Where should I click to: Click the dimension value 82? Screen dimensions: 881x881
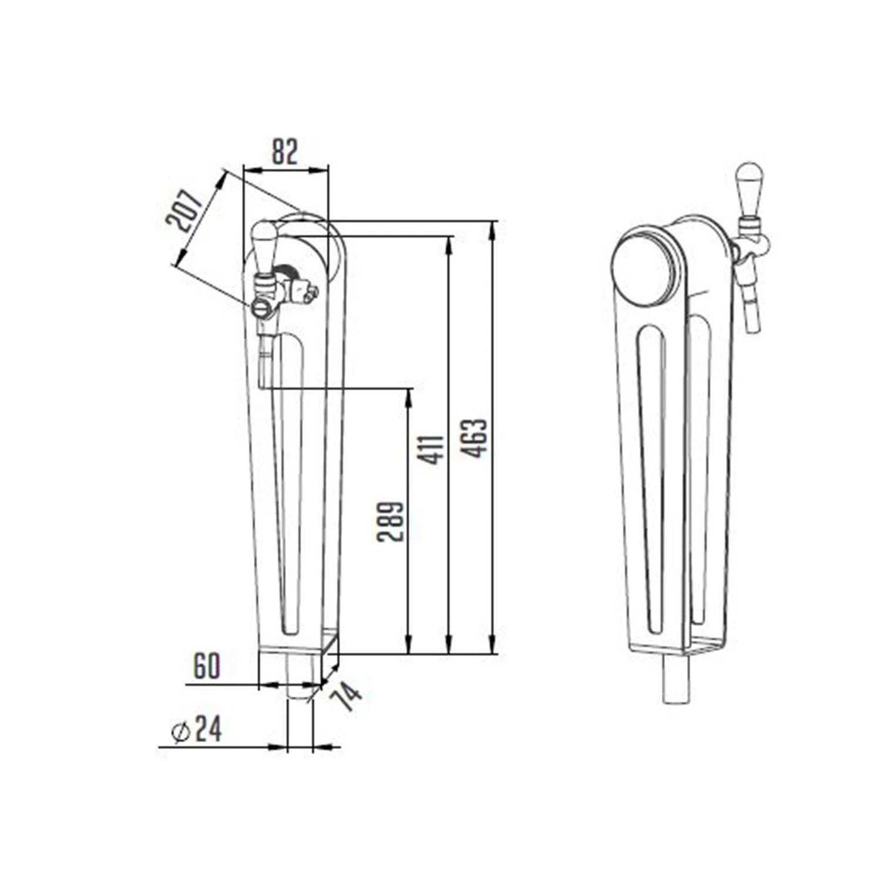click(x=285, y=152)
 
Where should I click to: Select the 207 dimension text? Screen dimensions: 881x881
click(x=185, y=210)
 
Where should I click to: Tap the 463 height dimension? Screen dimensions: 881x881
click(x=475, y=438)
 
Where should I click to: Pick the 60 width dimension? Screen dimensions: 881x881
click(x=206, y=666)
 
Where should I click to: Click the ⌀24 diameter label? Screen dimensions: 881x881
click(x=197, y=730)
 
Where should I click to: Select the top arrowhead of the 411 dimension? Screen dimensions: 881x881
click(x=449, y=243)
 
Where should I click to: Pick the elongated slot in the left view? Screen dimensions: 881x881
click(x=291, y=482)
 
